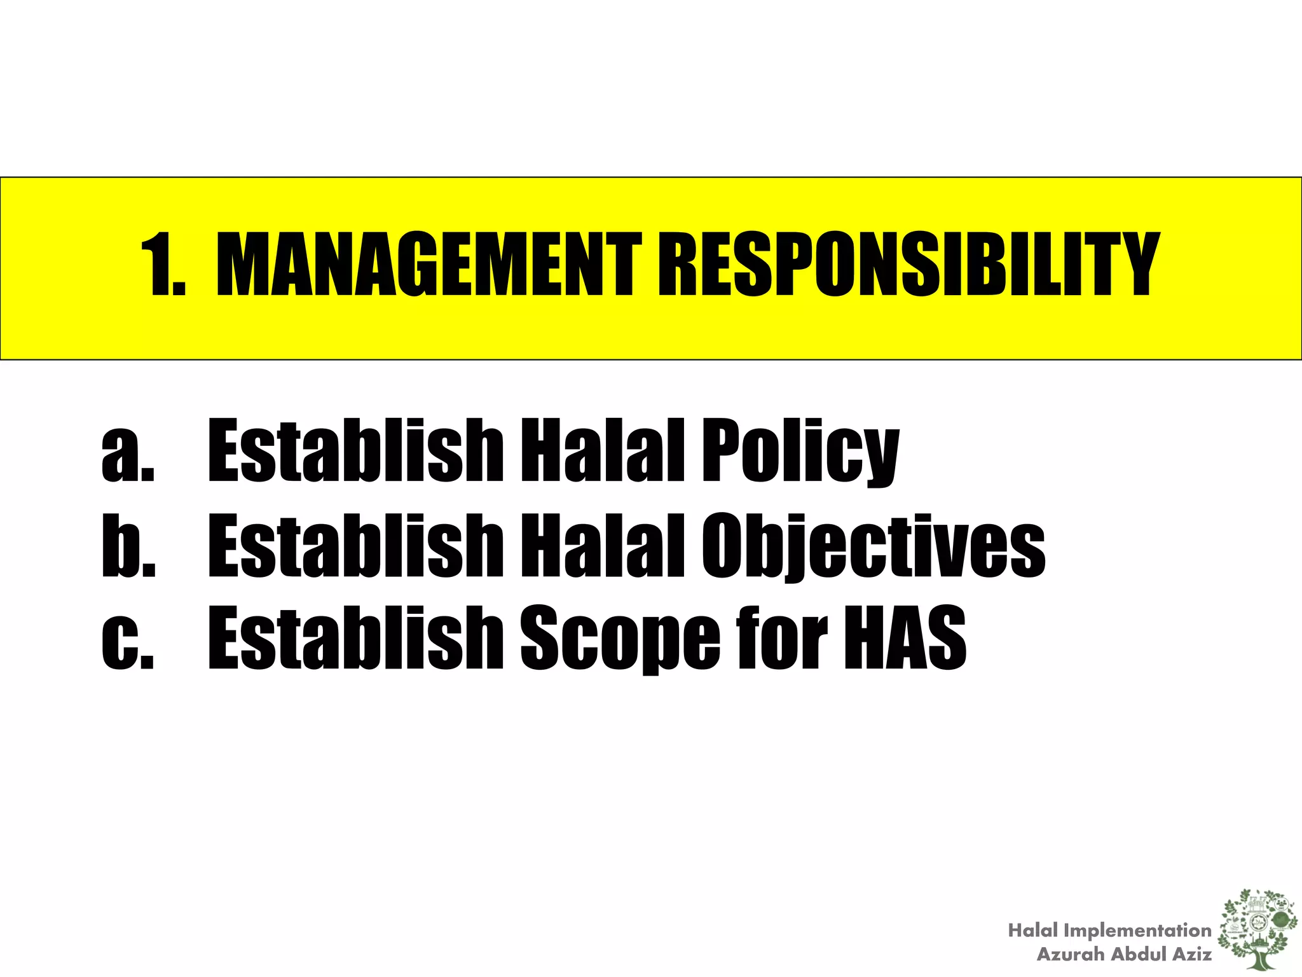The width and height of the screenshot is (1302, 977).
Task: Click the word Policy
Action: pos(800,452)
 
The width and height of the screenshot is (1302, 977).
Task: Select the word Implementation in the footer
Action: pos(1137,931)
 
